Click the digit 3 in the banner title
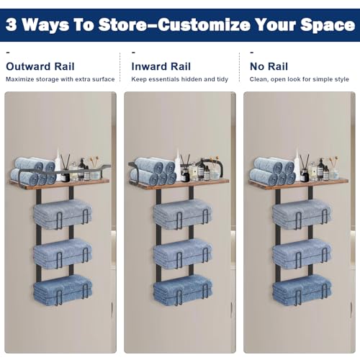pos(12,24)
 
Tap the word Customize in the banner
pos(204,24)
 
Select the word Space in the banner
pos(328,26)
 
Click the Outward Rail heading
pos(40,66)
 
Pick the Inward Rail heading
pos(161,66)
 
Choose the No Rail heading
pos(269,66)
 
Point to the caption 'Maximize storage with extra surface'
pos(60,79)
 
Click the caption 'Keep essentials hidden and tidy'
pos(179,79)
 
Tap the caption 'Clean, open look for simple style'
pos(299,79)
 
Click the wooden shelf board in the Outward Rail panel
pos(60,184)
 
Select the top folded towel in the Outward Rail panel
pos(63,214)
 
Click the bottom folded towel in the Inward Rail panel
pos(183,290)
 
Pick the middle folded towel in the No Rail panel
pos(302,253)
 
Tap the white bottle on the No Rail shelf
pos(297,165)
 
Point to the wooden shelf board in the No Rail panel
pos(298,184)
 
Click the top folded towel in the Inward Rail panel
pos(183,214)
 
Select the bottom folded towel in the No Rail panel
pos(302,290)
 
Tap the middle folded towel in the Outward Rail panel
pos(63,253)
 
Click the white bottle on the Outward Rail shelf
pos(58,165)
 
